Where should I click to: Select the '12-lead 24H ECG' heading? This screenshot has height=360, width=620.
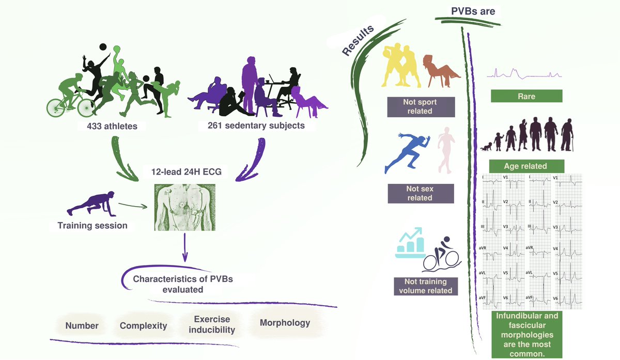click(187, 171)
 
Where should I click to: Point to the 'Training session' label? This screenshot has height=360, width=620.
click(92, 225)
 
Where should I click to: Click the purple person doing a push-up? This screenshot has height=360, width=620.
click(91, 204)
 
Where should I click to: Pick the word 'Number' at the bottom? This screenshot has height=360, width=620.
click(82, 325)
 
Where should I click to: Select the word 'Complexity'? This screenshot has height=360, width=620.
click(143, 325)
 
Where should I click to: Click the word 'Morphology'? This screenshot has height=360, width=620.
click(285, 323)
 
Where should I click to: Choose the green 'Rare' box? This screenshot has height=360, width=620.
click(526, 96)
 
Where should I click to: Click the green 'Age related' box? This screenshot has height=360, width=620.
click(525, 166)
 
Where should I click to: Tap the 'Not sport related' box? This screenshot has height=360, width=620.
click(421, 107)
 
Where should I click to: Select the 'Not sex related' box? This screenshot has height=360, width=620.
click(420, 193)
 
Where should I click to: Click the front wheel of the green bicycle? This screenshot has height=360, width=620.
click(84, 106)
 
